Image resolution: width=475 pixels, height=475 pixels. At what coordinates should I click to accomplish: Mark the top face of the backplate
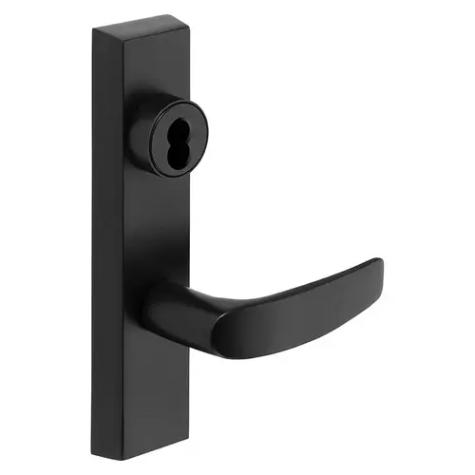click(x=137, y=28)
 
